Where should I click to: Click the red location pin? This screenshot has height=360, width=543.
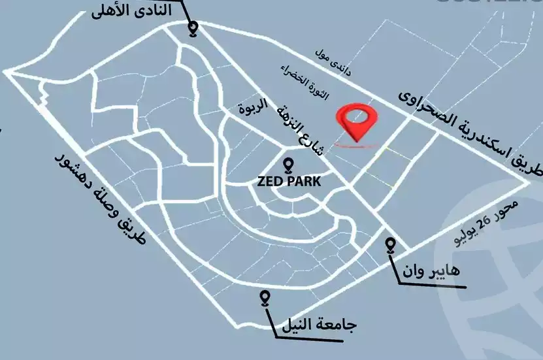point(357,122)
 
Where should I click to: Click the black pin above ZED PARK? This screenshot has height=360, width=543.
point(289,166)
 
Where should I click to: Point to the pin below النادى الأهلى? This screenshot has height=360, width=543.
point(193,29)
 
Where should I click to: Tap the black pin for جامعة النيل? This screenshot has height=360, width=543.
point(265,299)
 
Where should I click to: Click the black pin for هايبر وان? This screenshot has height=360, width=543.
point(391,245)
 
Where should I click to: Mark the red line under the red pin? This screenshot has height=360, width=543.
point(357,144)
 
